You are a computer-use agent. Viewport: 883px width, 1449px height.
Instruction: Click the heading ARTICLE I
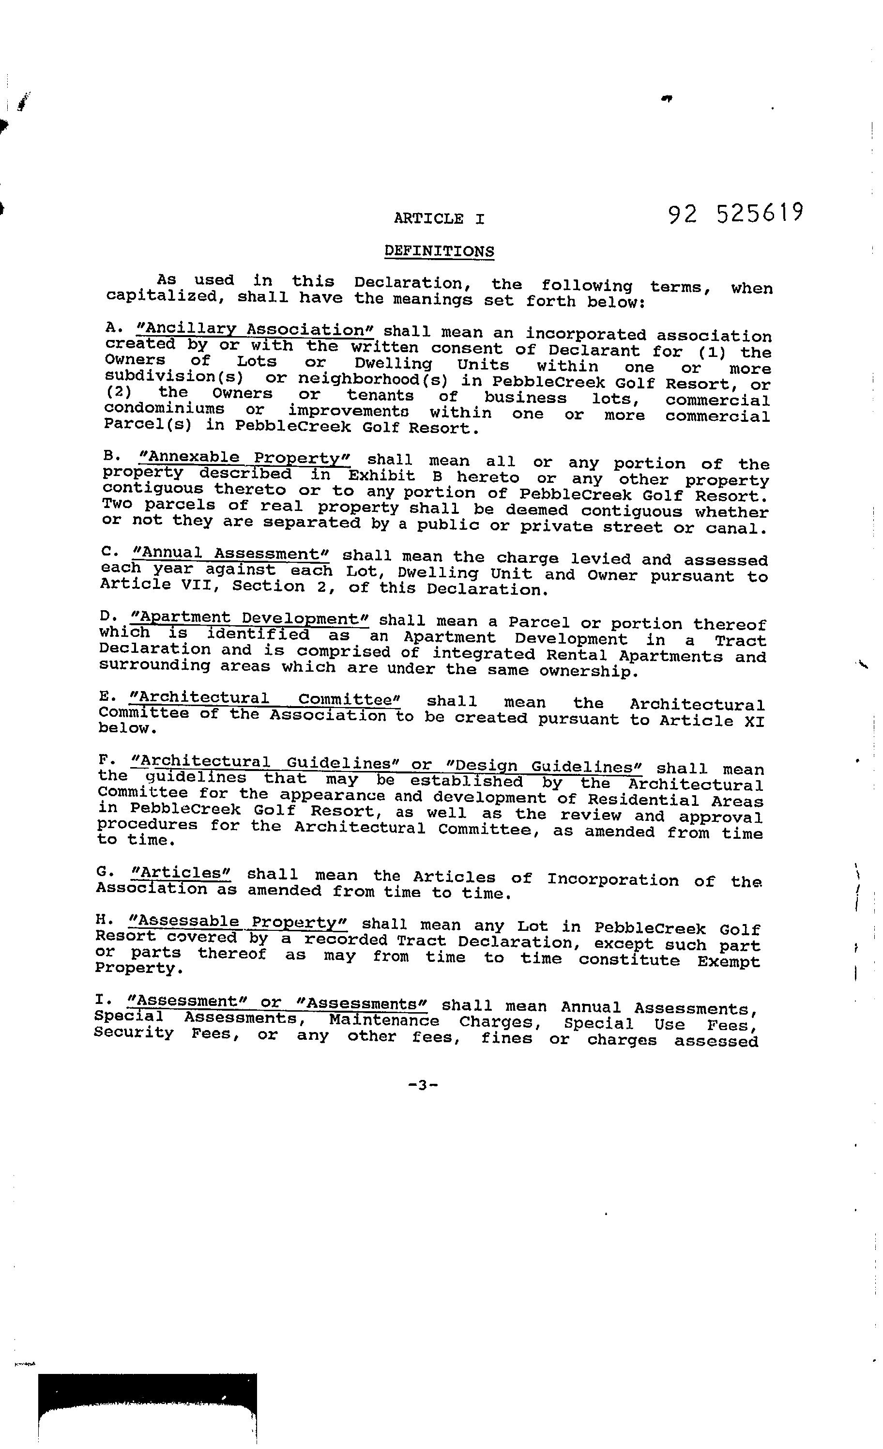pyautogui.click(x=439, y=219)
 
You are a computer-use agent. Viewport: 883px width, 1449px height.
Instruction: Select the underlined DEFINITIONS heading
pyautogui.click(x=439, y=251)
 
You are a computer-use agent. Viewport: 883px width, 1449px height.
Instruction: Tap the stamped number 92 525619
pyautogui.click(x=735, y=214)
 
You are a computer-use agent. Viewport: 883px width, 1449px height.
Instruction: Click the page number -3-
pyautogui.click(x=423, y=1084)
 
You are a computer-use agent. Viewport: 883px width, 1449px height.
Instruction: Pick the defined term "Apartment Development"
pyautogui.click(x=250, y=618)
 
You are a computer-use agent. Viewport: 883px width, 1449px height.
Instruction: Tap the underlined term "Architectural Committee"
pyautogui.click(x=264, y=699)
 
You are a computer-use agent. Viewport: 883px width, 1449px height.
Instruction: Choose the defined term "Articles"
pyautogui.click(x=182, y=873)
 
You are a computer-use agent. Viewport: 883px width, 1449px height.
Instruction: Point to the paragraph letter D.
pyautogui.click(x=106, y=617)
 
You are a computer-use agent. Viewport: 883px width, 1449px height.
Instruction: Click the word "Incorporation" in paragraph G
pyautogui.click(x=612, y=880)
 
